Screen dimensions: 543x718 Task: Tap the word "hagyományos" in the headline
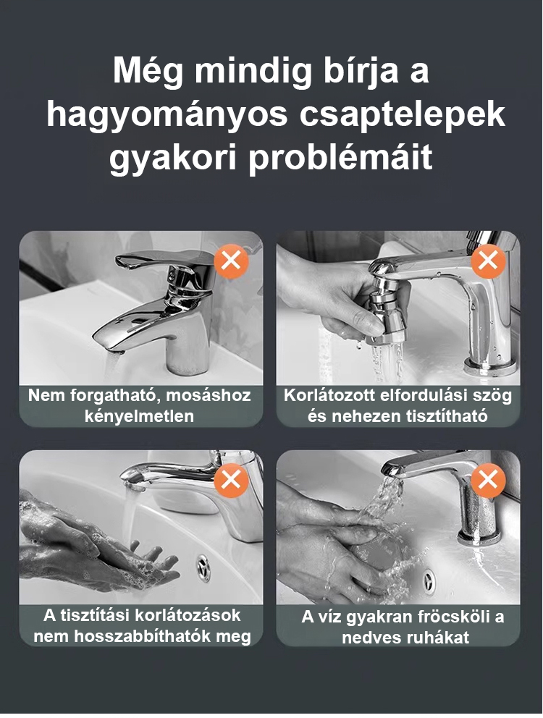167,117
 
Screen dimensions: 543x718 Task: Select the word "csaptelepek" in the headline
403,115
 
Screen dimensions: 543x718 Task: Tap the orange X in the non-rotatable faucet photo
232,261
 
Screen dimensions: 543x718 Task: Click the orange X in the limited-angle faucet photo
488,261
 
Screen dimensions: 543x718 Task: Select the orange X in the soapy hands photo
232,480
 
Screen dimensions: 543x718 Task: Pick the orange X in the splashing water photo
488,480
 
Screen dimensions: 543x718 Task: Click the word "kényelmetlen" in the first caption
139,417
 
